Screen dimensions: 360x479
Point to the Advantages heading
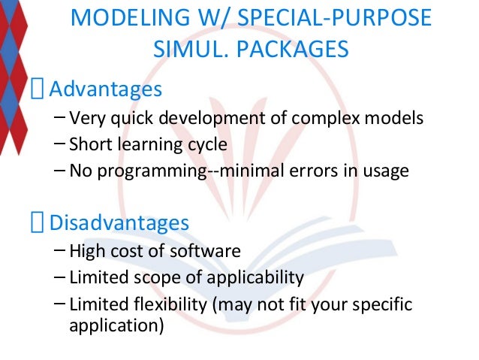point(105,90)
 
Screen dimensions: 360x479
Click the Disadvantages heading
point(119,223)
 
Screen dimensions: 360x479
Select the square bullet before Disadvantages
point(38,224)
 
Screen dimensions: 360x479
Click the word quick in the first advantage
point(119,118)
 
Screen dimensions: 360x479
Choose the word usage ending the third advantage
point(386,171)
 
